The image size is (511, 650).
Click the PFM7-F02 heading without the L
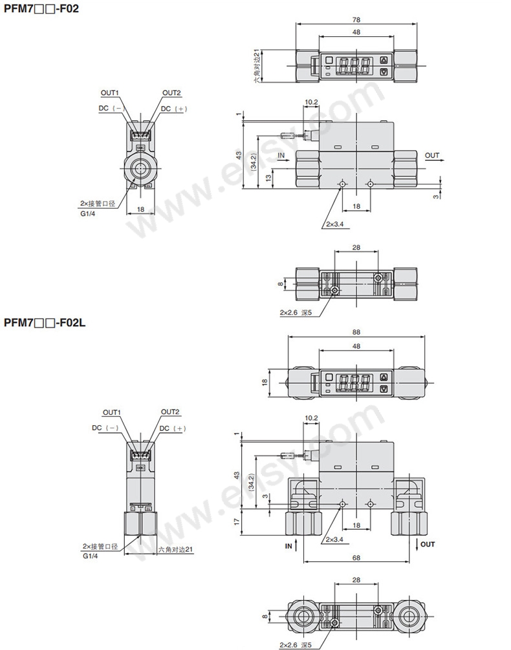click(41, 8)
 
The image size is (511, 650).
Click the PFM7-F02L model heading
click(45, 322)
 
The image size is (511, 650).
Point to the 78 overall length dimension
click(356, 19)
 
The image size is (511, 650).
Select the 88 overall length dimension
click(356, 332)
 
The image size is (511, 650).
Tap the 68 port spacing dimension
click(356, 558)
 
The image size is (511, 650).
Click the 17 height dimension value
click(237, 521)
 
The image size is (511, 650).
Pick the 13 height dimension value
click(268, 178)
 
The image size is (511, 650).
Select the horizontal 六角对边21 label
click(175, 549)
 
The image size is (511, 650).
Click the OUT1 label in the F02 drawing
click(109, 93)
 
